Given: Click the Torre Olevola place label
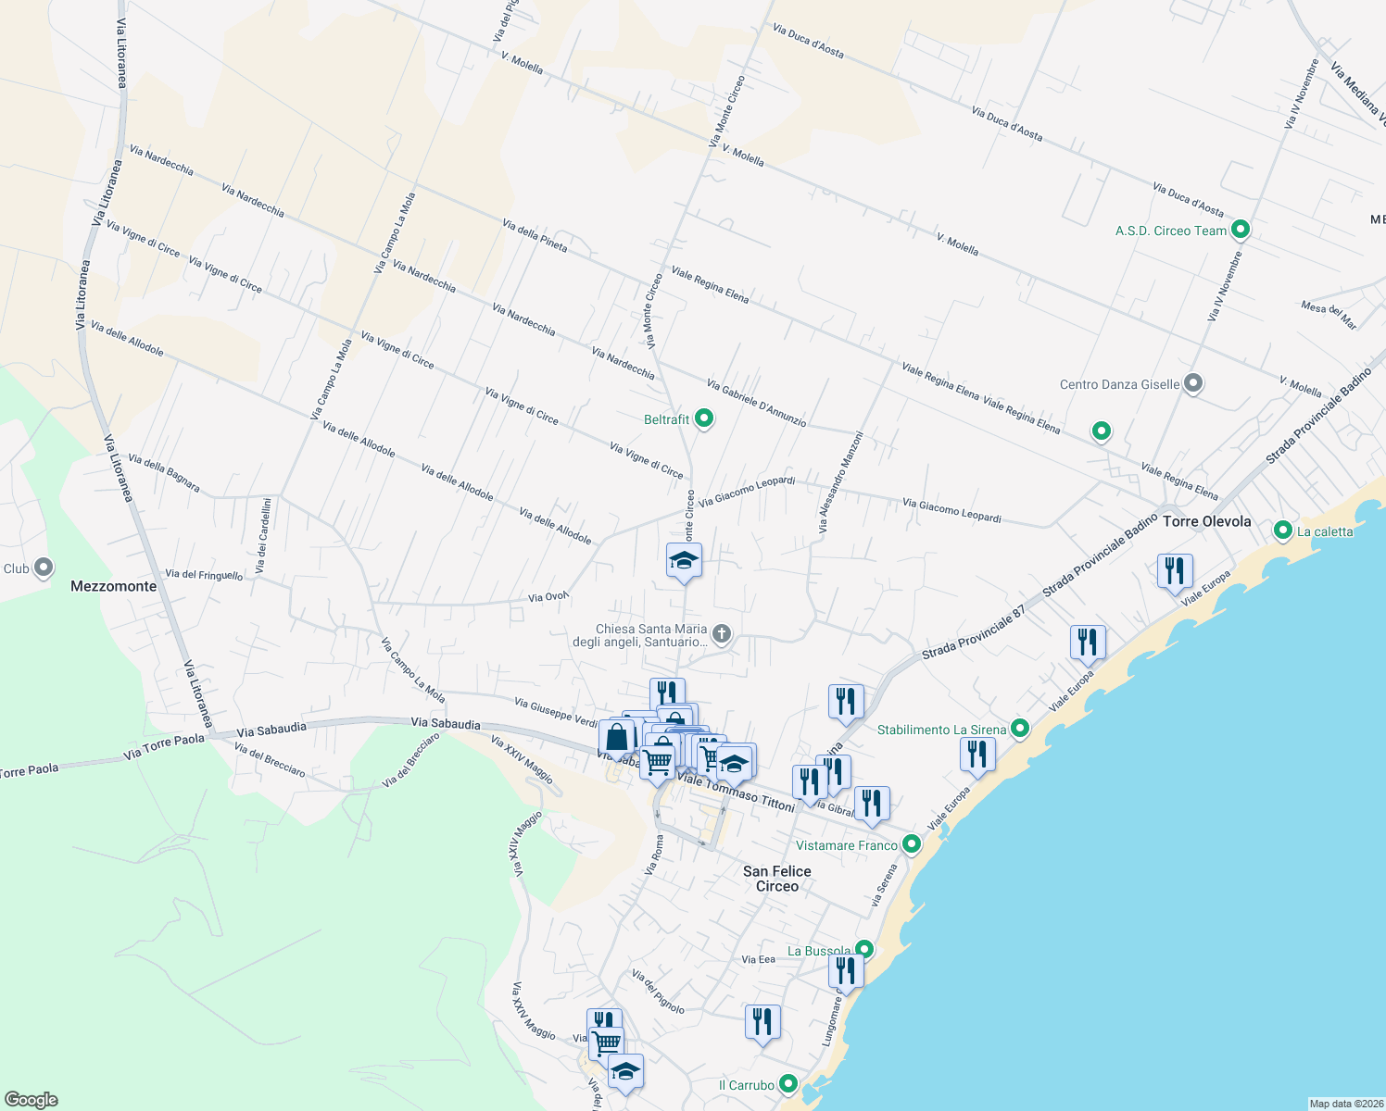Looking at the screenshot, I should [1206, 521].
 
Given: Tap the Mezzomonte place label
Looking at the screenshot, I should [114, 586].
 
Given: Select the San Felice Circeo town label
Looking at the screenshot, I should [776, 879].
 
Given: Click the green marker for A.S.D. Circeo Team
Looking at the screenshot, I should [1241, 230].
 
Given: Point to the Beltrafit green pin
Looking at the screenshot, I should [704, 419].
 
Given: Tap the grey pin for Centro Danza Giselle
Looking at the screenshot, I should [1193, 383].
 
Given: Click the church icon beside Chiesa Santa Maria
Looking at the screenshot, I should [722, 634].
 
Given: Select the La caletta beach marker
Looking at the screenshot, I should [1283, 531].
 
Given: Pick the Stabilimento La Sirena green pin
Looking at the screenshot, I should [1020, 729].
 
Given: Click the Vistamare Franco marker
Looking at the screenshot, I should [912, 844].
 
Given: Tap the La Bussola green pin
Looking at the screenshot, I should [864, 950].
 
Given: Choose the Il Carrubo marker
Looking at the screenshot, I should [788, 1084].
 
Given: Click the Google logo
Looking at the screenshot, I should [31, 1100].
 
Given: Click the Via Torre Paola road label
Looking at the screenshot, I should [163, 747].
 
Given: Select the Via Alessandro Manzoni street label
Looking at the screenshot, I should [840, 482].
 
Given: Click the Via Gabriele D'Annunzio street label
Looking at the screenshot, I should [756, 403].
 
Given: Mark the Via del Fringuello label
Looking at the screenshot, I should [204, 575].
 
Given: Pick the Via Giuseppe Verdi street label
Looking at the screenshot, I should [556, 712].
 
